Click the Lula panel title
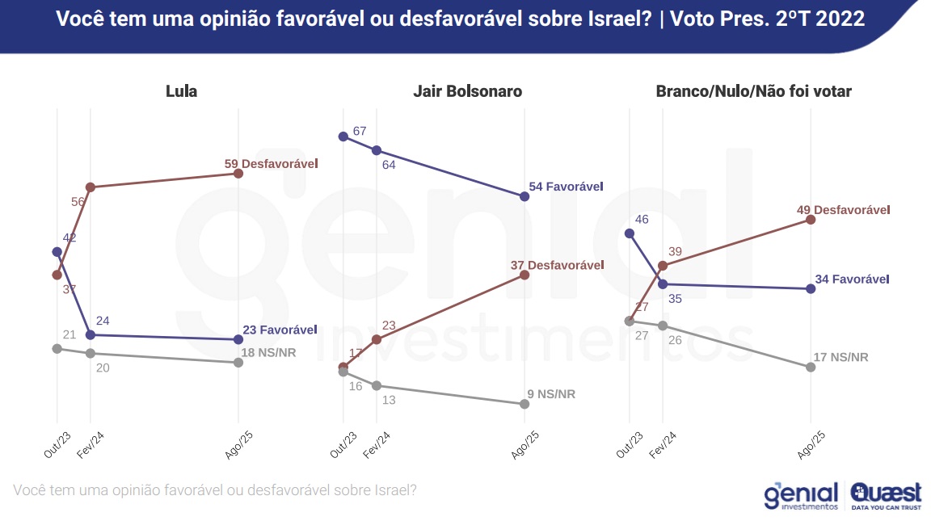[181, 91]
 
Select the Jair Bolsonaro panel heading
[467, 91]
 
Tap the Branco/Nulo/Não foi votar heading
[753, 91]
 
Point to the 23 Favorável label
[280, 330]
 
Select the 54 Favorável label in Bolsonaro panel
[566, 187]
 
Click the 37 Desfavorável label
[558, 265]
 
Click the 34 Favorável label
[852, 279]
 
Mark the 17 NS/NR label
[841, 357]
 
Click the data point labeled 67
[343, 137]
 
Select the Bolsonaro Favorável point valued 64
[376, 150]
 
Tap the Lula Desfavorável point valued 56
[91, 187]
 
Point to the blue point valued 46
[630, 233]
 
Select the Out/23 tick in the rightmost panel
[630, 443]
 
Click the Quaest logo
[887, 495]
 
